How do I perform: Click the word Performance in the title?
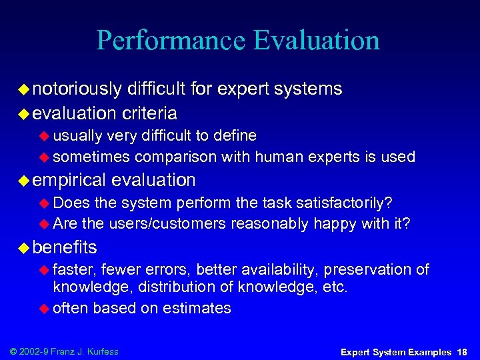click(171, 40)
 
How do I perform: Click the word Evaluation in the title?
click(317, 40)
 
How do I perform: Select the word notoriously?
click(77, 89)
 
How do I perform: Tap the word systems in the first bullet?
click(308, 89)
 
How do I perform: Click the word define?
click(234, 136)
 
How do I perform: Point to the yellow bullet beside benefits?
click(24, 248)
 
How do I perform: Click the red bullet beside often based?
click(45, 308)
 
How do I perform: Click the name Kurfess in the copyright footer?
click(104, 351)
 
